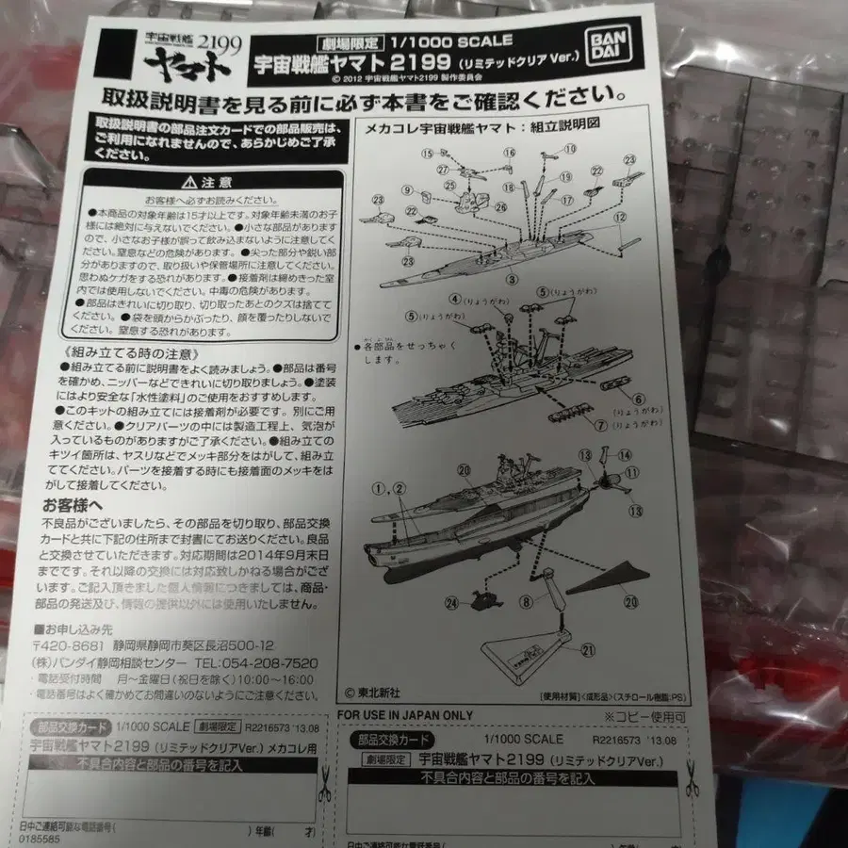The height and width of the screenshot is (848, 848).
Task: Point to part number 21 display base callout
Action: click(x=589, y=649)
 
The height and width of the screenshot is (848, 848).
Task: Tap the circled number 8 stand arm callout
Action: click(x=526, y=599)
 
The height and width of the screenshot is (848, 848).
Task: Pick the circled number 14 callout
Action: click(x=625, y=455)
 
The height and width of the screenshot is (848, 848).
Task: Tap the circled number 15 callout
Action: click(x=427, y=153)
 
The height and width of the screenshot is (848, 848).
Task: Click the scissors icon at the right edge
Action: click(x=691, y=779)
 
